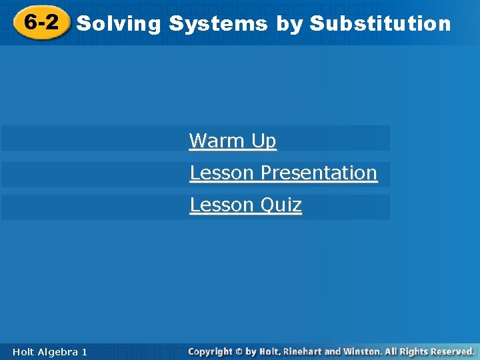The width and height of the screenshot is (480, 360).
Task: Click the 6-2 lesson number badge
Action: click(41, 23)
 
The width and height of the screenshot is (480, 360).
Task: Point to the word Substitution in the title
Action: click(381, 24)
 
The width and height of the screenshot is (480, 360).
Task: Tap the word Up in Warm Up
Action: click(264, 141)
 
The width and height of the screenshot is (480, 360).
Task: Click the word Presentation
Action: click(319, 173)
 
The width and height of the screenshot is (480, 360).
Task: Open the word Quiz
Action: click(281, 205)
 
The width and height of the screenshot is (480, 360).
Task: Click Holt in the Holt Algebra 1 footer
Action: click(24, 351)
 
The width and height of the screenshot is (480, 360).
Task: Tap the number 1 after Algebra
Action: click(84, 351)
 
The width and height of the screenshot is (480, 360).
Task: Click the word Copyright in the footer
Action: click(210, 351)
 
